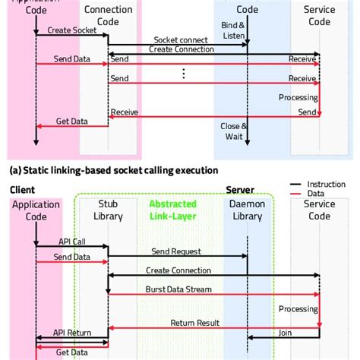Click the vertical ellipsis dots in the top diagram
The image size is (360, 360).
(x=184, y=74)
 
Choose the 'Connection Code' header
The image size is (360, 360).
(x=108, y=14)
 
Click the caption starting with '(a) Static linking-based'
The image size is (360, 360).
(x=114, y=170)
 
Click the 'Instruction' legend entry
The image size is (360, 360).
(x=326, y=185)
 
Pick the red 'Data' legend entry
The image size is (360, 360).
(x=317, y=195)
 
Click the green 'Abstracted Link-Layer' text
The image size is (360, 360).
(x=172, y=209)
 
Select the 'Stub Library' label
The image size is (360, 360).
(x=108, y=210)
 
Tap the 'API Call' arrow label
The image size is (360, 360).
(x=73, y=242)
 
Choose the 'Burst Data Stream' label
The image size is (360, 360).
(x=179, y=289)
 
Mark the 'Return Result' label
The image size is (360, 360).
(x=194, y=323)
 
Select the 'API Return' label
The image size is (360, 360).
(x=73, y=333)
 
